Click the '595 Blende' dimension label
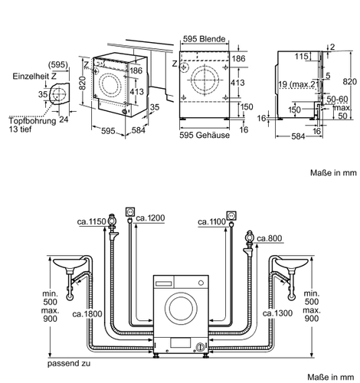click(205, 39)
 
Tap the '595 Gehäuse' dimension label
click(205, 135)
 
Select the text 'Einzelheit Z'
click(34, 76)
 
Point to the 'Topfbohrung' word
click(33, 121)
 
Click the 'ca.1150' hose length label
click(91, 221)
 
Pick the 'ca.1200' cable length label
click(150, 218)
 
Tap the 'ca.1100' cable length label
click(212, 221)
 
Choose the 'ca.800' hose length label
click(270, 238)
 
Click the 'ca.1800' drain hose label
click(87, 313)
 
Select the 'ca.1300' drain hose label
click(277, 313)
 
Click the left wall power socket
click(129, 212)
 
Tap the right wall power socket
click(231, 215)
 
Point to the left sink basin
click(69, 263)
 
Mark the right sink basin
click(292, 264)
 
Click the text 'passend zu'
click(69, 363)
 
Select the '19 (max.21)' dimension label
click(298, 84)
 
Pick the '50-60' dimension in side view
click(337, 99)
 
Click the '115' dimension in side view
click(302, 56)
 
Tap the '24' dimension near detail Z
click(64, 119)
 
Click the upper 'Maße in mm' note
click(333, 172)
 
